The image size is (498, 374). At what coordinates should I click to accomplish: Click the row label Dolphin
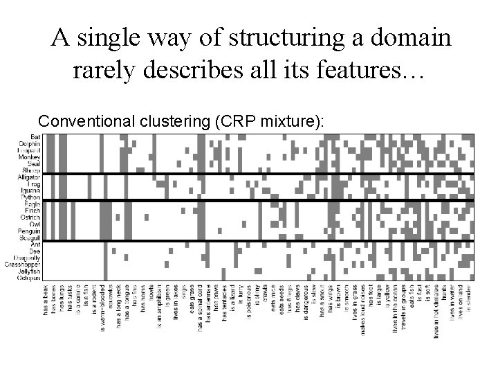pos(30,144)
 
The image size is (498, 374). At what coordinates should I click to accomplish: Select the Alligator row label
pos(28,178)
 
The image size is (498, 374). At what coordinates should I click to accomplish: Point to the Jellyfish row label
pos(29,271)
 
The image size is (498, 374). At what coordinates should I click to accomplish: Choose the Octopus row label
pos(29,278)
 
